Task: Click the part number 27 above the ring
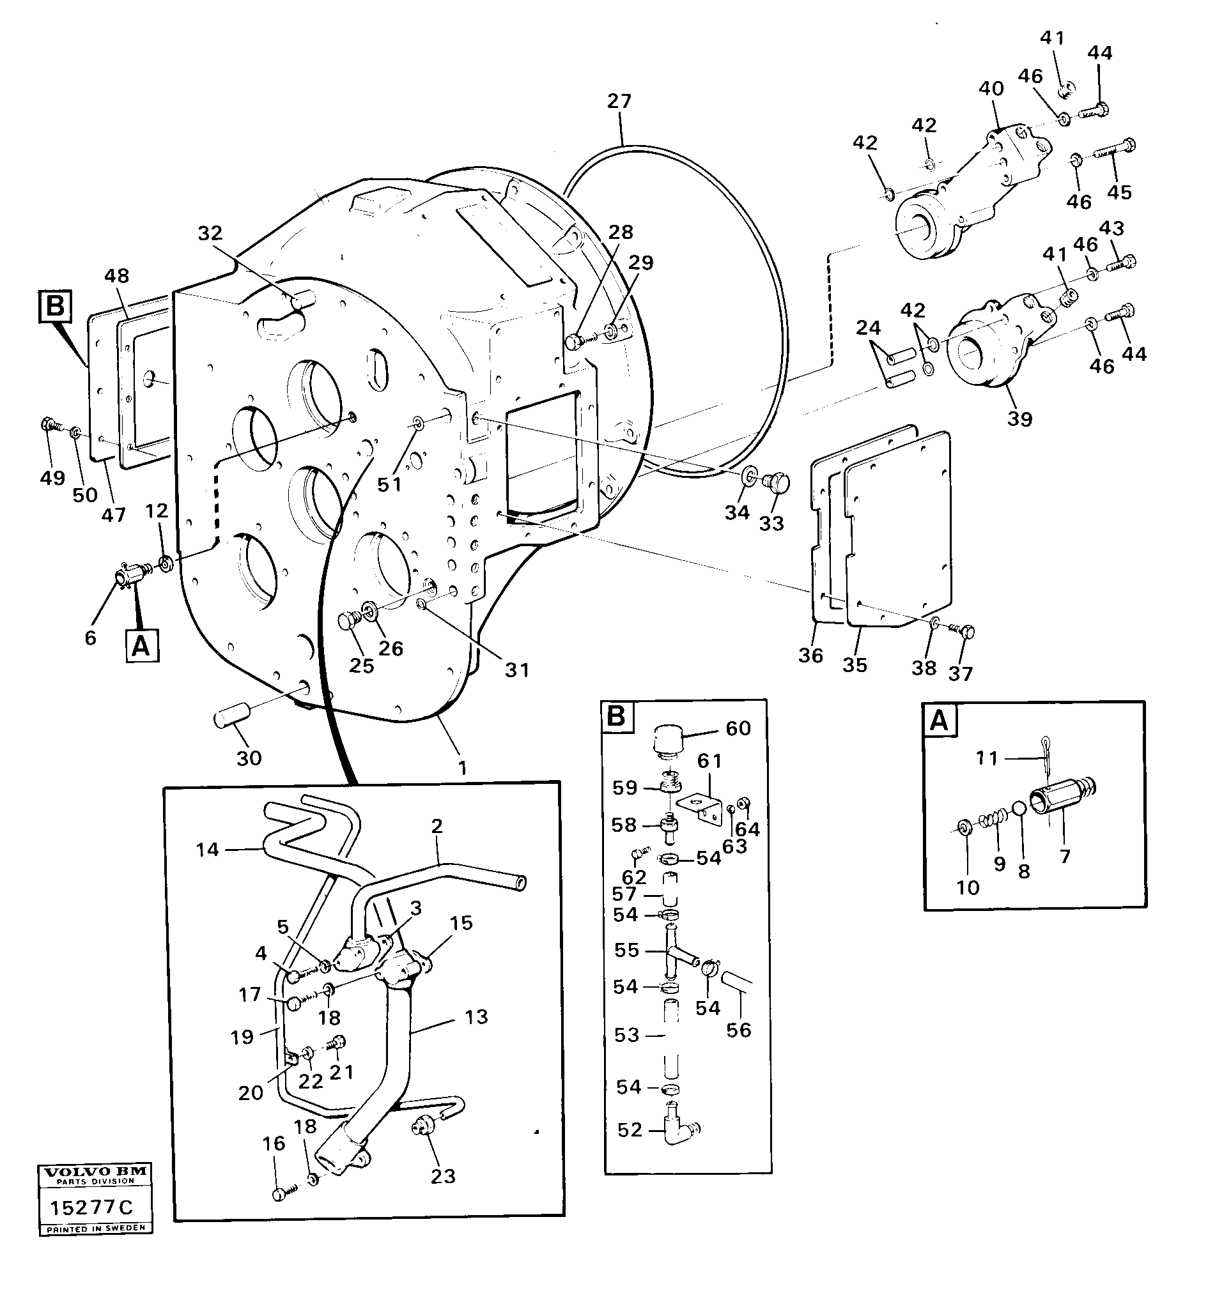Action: [618, 102]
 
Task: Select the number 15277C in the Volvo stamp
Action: [92, 1206]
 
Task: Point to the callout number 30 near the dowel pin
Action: [249, 758]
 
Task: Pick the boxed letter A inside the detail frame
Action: [939, 721]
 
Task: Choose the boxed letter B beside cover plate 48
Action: [55, 307]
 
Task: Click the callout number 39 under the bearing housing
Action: [1019, 418]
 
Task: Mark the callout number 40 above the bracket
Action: [991, 89]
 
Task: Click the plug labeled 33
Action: [778, 484]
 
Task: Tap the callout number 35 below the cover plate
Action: [855, 665]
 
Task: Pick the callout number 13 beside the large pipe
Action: [476, 1017]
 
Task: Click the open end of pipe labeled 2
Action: [520, 883]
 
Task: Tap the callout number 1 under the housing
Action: [462, 767]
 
